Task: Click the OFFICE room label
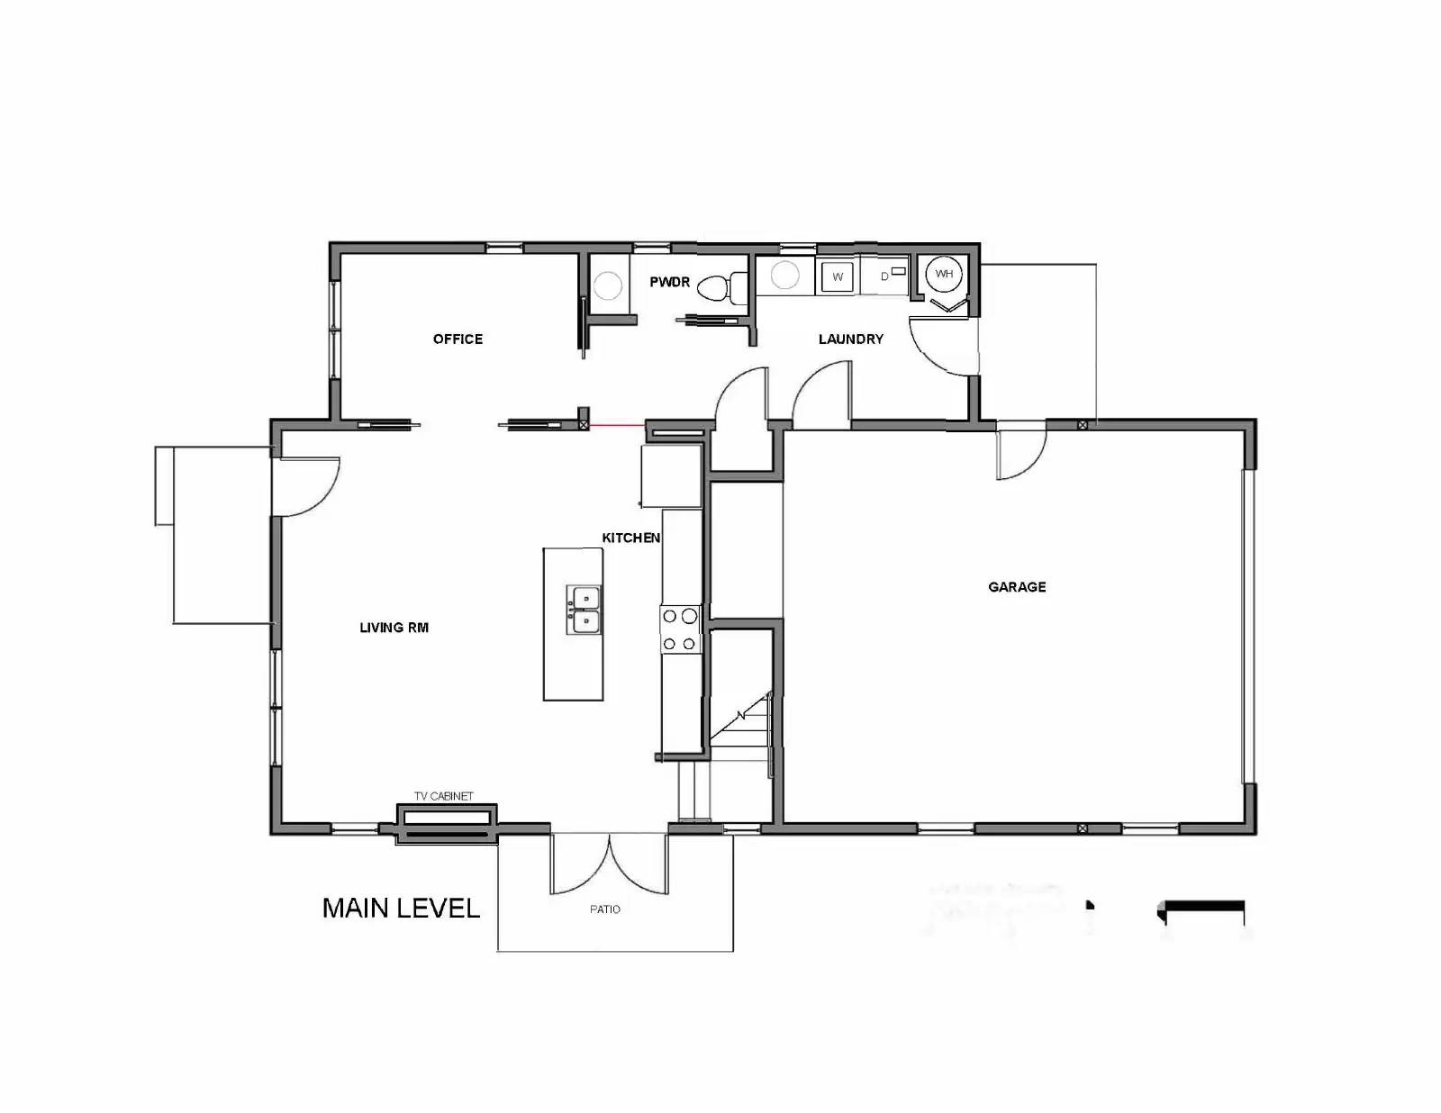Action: tap(458, 339)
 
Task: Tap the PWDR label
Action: tap(669, 283)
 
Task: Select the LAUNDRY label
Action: tap(850, 339)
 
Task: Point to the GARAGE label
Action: tap(1017, 587)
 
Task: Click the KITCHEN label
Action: tap(630, 538)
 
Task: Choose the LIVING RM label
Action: tap(394, 628)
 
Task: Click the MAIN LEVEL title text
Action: tap(401, 908)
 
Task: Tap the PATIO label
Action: tap(604, 909)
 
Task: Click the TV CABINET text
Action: tap(443, 796)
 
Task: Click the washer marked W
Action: tap(837, 276)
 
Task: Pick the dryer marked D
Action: tap(886, 276)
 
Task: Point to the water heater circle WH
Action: tap(943, 274)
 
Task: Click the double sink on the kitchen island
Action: tap(583, 610)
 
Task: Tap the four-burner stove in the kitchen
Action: tap(679, 629)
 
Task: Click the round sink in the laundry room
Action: tap(785, 276)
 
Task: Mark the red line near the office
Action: tap(616, 424)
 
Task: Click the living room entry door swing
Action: tap(306, 486)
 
